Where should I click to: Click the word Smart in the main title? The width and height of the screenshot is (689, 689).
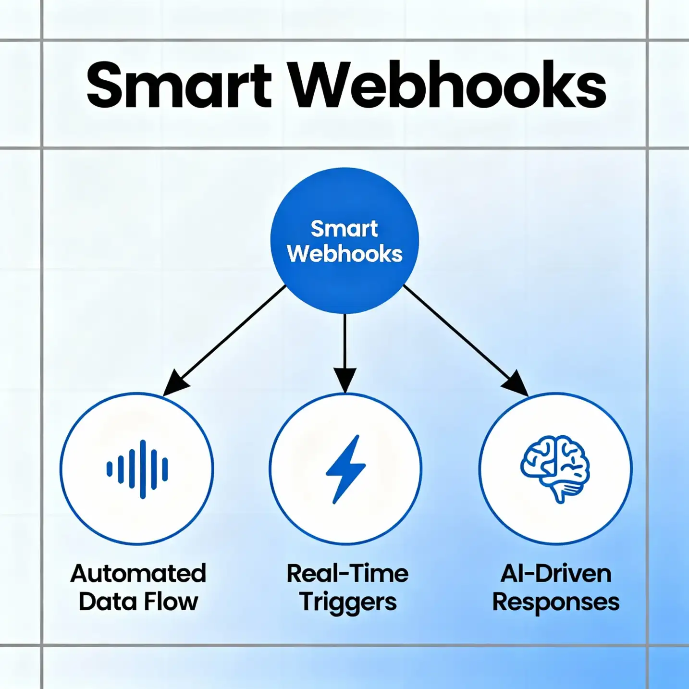[179, 86]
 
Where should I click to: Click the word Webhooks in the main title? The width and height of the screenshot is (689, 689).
[448, 86]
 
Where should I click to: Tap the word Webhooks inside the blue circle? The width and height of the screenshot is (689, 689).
[344, 254]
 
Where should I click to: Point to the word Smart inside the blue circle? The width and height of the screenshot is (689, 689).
[344, 229]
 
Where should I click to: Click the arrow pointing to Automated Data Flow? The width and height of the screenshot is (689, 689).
[226, 339]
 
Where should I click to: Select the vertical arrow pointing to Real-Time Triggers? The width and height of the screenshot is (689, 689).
[345, 346]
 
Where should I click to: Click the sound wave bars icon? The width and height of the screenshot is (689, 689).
[137, 469]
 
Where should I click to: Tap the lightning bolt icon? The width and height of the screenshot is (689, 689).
[345, 469]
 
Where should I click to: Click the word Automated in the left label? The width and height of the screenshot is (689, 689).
[138, 573]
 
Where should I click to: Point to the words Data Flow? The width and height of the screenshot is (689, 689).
[138, 602]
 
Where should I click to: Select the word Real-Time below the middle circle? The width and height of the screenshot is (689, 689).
[347, 573]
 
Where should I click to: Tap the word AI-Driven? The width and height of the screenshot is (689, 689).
[556, 573]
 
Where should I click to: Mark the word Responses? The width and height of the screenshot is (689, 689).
[556, 602]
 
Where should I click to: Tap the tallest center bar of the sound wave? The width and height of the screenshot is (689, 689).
[143, 469]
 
